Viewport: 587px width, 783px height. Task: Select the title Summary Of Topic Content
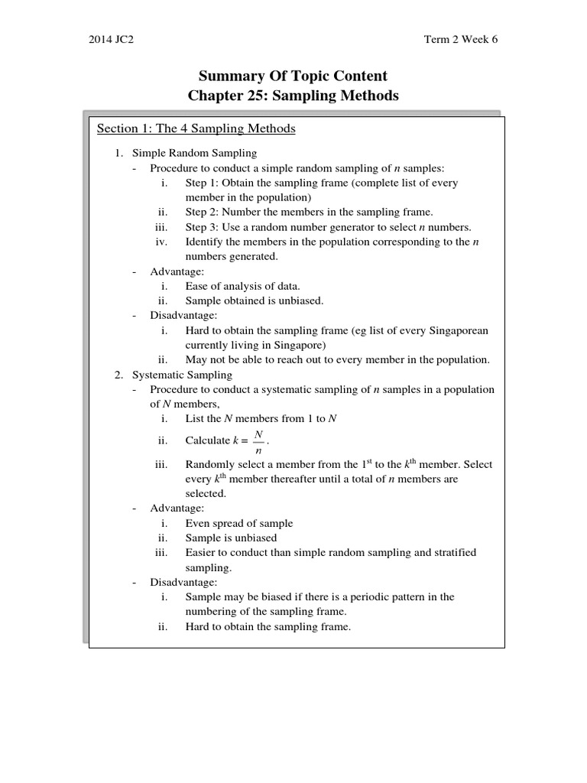pos(293,76)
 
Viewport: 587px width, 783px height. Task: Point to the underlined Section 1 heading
pos(196,128)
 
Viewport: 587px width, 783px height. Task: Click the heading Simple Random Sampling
pos(194,153)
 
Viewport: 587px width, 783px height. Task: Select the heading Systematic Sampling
pos(183,375)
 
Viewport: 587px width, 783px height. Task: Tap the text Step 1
pos(202,183)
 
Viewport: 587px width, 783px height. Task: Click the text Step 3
pos(202,227)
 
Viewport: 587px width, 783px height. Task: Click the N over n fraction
pos(258,440)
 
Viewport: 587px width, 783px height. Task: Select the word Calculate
pos(208,440)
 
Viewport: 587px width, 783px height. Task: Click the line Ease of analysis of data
pos(237,286)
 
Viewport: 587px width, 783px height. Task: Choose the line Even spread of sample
pos(239,523)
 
